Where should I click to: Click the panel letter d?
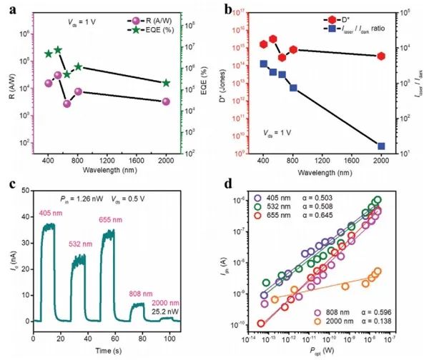point(227,184)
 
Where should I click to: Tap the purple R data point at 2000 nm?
point(166,101)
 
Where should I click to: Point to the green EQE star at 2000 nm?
point(166,83)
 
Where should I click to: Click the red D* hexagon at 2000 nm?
point(381,56)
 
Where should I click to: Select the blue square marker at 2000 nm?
point(381,146)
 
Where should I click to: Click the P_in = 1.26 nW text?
point(76,198)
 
